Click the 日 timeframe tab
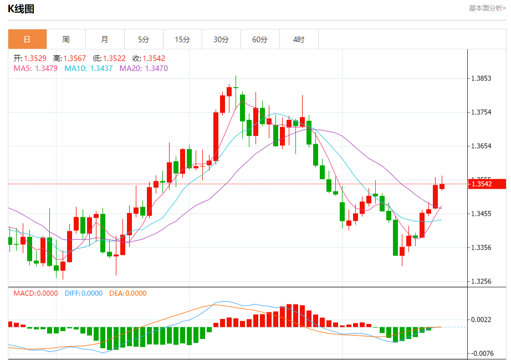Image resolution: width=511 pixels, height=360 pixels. [x=27, y=39]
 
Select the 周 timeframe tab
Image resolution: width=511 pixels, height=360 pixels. [x=66, y=39]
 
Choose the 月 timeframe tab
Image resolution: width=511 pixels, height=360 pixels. [x=105, y=39]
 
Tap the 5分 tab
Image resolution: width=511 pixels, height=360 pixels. [x=144, y=39]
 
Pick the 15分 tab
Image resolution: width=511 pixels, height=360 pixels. [x=182, y=39]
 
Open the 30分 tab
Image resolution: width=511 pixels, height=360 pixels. [x=221, y=39]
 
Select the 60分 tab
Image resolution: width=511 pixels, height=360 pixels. [x=260, y=39]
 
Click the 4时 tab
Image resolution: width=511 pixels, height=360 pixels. [x=299, y=39]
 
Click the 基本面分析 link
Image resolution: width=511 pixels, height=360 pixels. [x=487, y=8]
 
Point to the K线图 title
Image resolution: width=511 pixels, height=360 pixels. [x=21, y=8]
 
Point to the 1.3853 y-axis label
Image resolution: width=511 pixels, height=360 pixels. [x=481, y=78]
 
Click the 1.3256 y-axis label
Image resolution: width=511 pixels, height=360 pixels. [x=481, y=281]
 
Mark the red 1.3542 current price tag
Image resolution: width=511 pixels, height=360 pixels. [x=488, y=184]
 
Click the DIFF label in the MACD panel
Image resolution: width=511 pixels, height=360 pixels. [x=84, y=293]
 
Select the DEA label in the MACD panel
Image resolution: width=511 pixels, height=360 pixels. [x=127, y=293]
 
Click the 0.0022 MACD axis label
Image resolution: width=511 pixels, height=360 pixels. [x=481, y=320]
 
